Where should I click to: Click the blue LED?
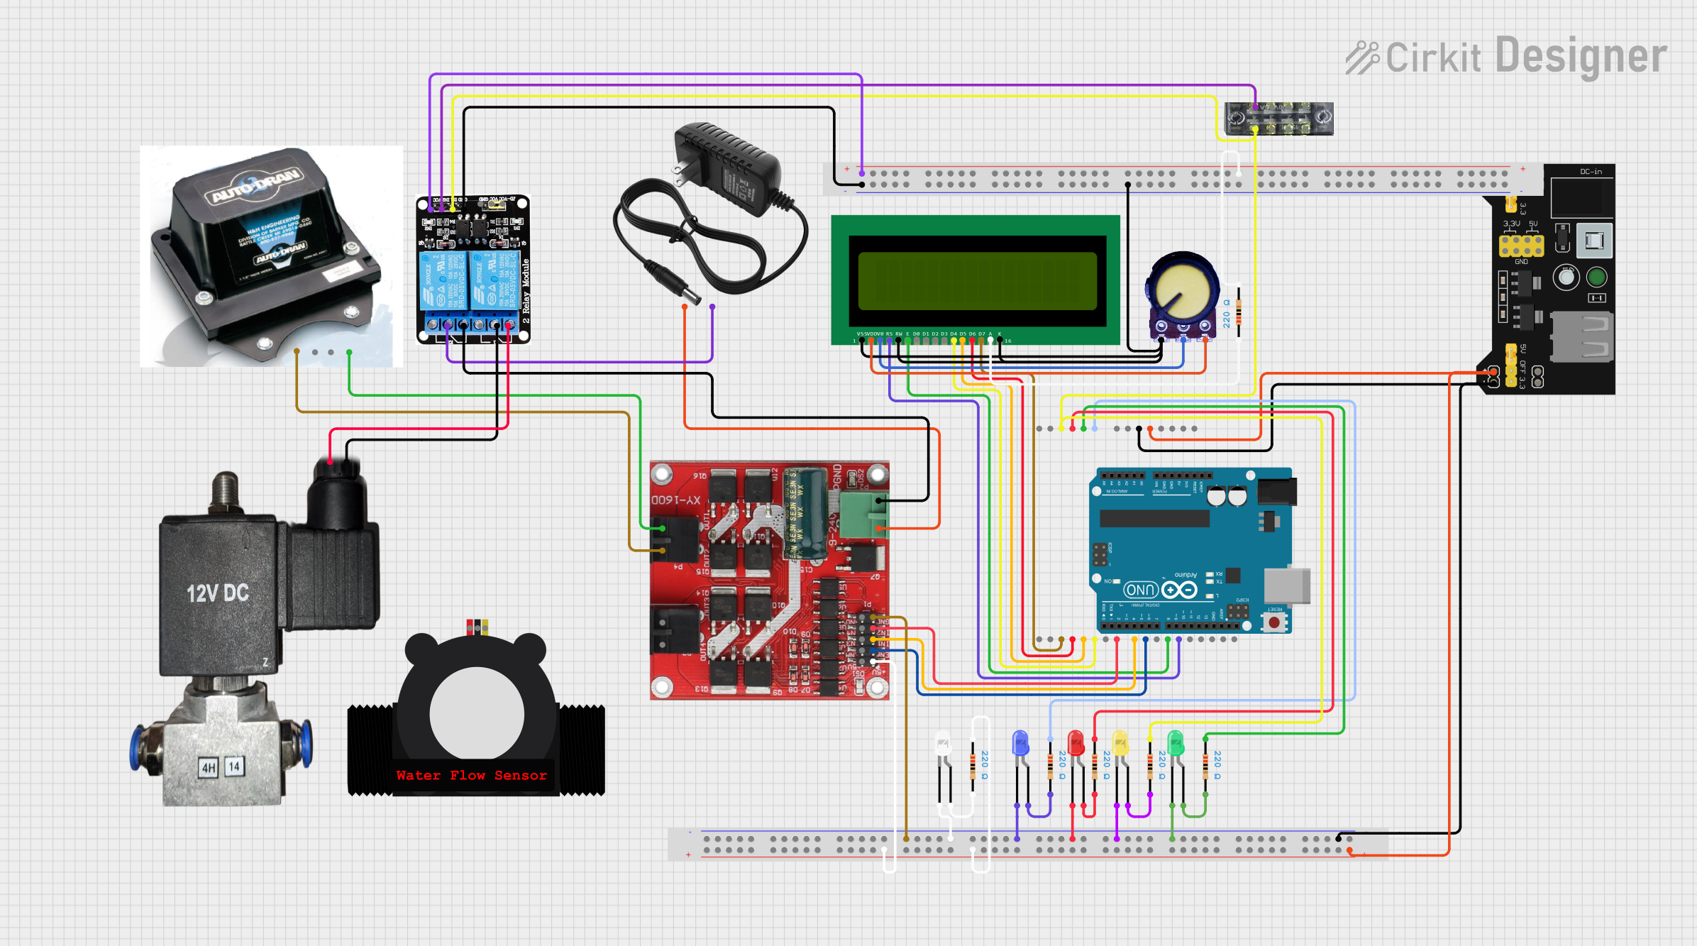[x=1020, y=743]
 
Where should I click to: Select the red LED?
[x=1076, y=743]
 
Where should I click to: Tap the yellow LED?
[x=1120, y=743]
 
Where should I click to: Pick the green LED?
[x=1176, y=743]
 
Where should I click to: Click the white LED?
[x=943, y=743]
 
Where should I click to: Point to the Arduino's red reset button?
[x=1275, y=622]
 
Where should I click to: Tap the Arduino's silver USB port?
[x=1286, y=585]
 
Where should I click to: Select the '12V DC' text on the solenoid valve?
[x=217, y=593]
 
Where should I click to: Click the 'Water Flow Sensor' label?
[x=472, y=776]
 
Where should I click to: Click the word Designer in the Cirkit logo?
[x=1581, y=57]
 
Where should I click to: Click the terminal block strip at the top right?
[x=1278, y=119]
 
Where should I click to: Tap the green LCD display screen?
[x=977, y=280]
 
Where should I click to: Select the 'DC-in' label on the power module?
[x=1591, y=172]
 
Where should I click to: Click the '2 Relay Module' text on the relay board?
[x=526, y=291]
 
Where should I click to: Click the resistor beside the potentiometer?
[x=1239, y=312]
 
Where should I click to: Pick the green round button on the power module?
[x=1596, y=277]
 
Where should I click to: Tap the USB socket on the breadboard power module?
[x=1581, y=336]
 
